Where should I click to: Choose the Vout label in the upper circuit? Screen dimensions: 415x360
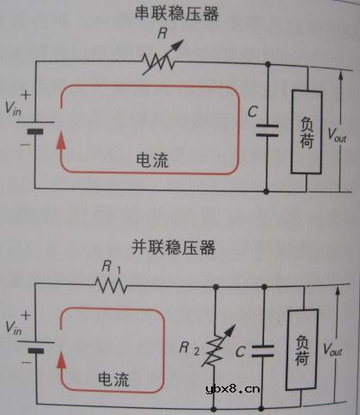337,134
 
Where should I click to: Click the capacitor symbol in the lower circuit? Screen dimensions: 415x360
264,351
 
